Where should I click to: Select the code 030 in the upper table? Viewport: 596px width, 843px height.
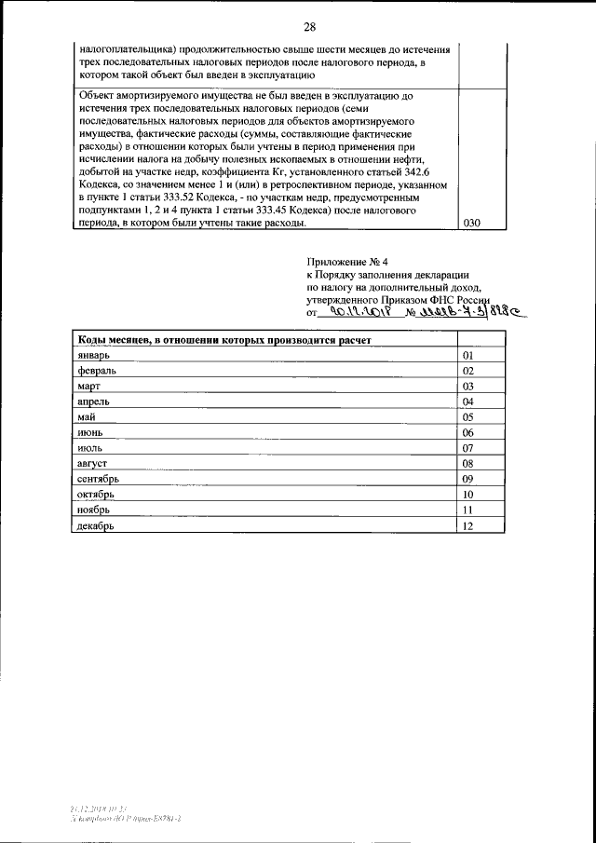tap(472, 224)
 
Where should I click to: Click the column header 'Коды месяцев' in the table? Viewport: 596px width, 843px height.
tap(224, 341)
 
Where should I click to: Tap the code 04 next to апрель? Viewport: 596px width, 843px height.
tap(468, 401)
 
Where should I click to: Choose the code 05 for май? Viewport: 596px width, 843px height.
tap(468, 417)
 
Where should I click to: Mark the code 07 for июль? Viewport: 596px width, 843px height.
tap(468, 448)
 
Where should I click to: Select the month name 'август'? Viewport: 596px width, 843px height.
tap(94, 463)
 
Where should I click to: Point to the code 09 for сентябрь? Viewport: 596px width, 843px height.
tap(468, 479)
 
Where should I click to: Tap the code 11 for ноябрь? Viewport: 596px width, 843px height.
tap(468, 510)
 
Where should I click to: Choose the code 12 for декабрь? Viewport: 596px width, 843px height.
tap(468, 525)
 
